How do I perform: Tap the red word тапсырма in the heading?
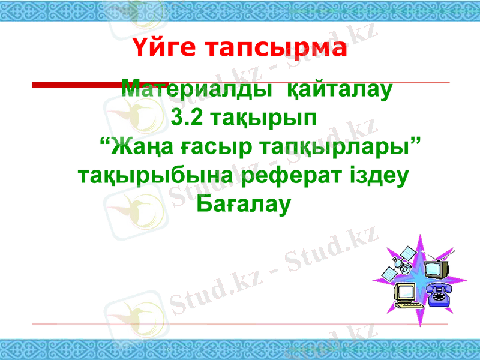[x=275, y=49]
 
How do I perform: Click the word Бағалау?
[x=243, y=205]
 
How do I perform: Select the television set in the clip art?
[x=438, y=268]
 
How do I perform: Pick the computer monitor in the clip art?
[x=406, y=293]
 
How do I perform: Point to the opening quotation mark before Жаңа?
[x=103, y=142]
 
